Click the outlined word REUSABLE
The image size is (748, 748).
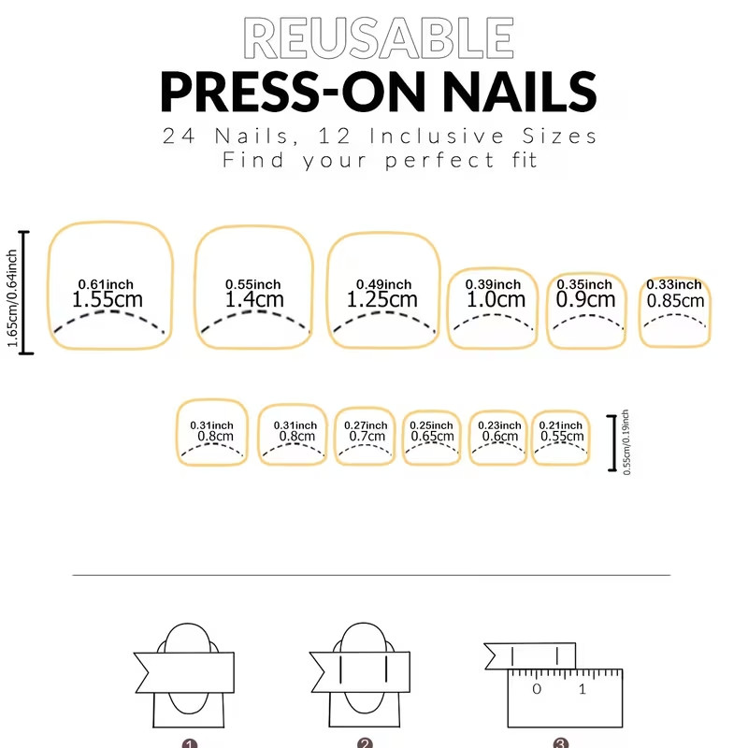[379, 37]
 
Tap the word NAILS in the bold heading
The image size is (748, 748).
[520, 92]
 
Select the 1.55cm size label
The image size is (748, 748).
[108, 299]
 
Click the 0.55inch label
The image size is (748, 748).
[252, 284]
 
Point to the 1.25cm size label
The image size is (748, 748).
[381, 299]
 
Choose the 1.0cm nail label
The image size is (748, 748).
[496, 299]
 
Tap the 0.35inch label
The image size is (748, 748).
[584, 284]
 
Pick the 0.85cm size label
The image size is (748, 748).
[675, 301]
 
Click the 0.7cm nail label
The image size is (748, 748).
[367, 436]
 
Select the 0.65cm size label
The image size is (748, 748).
[432, 436]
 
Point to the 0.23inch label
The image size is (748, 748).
[499, 425]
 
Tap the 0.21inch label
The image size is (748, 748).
[560, 425]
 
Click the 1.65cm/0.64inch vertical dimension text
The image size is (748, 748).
[12, 298]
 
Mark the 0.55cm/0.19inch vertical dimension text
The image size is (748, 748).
[626, 442]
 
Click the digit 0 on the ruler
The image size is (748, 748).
[537, 689]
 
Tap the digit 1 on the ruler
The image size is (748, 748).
[582, 689]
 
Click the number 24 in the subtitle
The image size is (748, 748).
[179, 136]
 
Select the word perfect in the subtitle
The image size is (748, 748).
[439, 161]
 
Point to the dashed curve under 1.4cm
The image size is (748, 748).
[254, 312]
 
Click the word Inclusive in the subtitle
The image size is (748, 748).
[437, 136]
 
